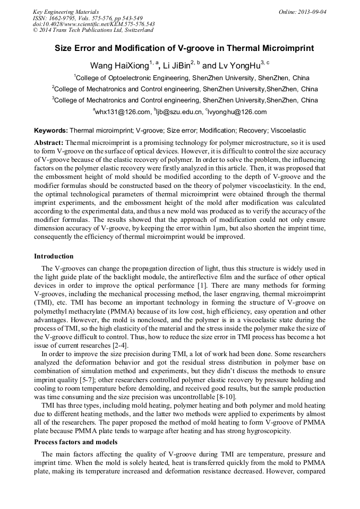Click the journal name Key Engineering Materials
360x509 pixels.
(66, 11)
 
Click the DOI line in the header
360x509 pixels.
(94, 24)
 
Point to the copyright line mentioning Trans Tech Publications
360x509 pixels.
(93, 30)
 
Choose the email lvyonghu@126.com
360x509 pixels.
(237, 112)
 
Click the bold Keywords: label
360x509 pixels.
(50, 130)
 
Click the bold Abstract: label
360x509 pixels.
(49, 143)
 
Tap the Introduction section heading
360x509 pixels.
(54, 256)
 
